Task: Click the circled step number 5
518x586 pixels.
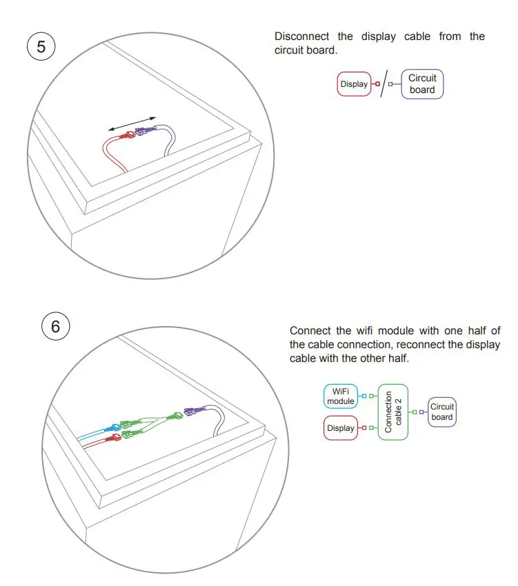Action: click(x=41, y=47)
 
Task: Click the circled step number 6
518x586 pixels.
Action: click(x=56, y=326)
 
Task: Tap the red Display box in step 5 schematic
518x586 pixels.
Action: click(x=354, y=84)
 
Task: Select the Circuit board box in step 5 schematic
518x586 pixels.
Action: click(x=422, y=84)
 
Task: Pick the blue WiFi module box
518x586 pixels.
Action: click(x=341, y=396)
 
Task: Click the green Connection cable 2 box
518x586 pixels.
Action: click(x=393, y=412)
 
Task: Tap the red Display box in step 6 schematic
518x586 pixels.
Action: click(x=341, y=428)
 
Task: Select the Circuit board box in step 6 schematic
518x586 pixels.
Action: click(x=442, y=412)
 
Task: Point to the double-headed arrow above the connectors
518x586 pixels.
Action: click(x=132, y=123)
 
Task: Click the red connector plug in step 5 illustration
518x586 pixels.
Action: click(x=127, y=137)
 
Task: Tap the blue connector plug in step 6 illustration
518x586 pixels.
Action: click(x=110, y=428)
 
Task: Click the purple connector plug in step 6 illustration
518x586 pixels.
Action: click(x=194, y=412)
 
